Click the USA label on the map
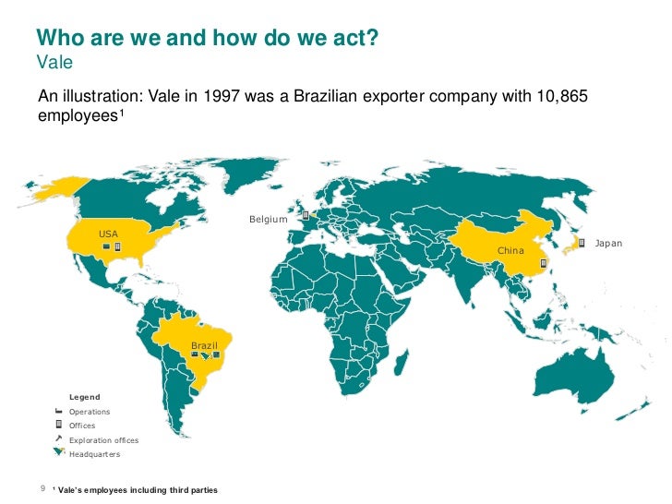108,234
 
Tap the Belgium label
269,220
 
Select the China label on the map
510,250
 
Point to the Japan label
608,243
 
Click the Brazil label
204,345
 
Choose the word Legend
85,397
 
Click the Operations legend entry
90,412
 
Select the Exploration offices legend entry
103,440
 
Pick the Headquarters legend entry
94,454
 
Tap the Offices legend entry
82,426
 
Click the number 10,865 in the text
558,97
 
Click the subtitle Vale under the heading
54,63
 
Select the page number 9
42,488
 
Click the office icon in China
544,263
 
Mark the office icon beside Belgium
305,215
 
